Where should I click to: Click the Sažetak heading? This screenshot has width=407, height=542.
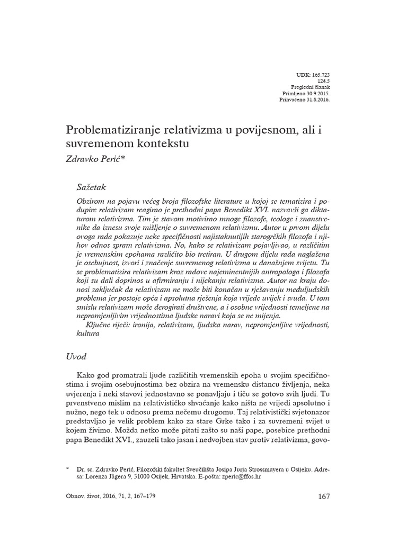[92, 186]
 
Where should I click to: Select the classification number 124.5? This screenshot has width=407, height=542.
[324, 80]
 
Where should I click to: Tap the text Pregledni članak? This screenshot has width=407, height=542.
[311, 87]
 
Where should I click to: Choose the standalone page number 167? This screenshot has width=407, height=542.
[323, 496]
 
